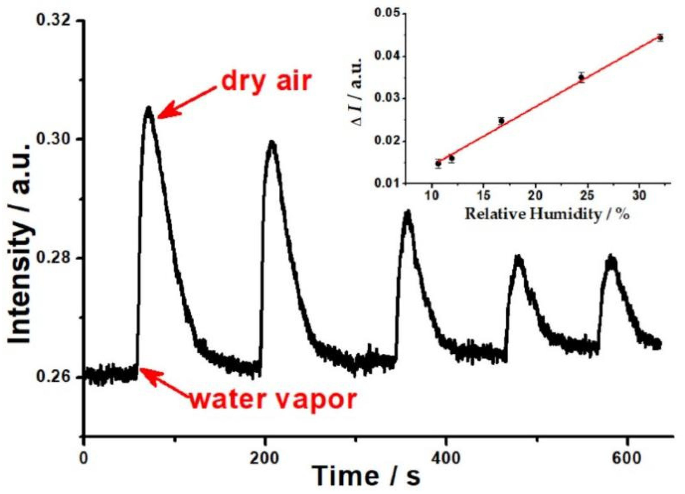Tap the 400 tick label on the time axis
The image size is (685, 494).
coord(446,458)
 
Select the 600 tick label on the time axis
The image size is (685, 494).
coord(627,458)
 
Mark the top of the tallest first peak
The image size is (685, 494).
coord(149,109)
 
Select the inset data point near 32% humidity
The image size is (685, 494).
coord(660,38)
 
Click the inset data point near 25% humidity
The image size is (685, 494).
coord(581,77)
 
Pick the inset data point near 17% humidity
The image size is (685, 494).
coord(502,121)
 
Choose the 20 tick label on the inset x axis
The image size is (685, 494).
coord(535,196)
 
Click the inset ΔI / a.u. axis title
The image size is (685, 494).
coord(357,92)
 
